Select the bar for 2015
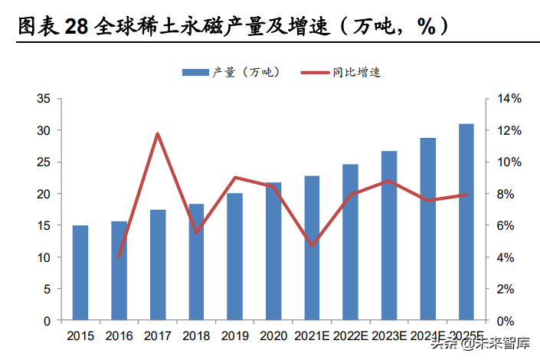coord(80,273)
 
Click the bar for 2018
coord(196,262)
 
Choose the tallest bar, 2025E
coord(466,222)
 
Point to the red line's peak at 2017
coord(158,134)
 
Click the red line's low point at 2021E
coord(312,245)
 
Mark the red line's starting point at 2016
coord(119,256)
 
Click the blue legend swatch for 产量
coord(195,73)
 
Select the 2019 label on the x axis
coord(234,335)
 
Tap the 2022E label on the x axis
coord(350,335)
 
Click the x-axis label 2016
coord(119,335)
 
